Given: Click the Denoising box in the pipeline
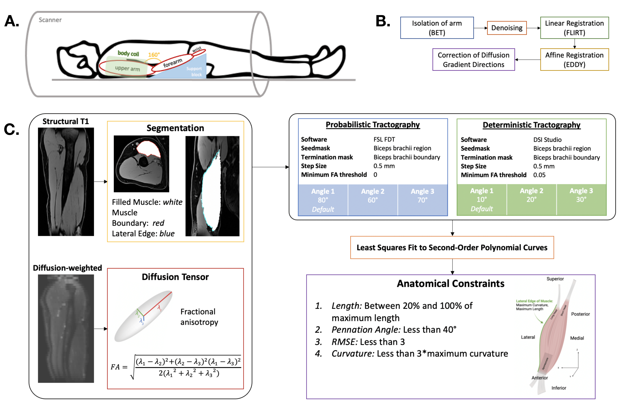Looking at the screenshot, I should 507,28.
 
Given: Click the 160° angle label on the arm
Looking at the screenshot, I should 154,55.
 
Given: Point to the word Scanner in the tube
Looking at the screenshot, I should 50,20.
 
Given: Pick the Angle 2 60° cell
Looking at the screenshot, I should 373,196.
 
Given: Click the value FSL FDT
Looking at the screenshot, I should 384,139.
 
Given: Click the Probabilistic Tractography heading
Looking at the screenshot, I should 373,125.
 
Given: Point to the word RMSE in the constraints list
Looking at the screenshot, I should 344,342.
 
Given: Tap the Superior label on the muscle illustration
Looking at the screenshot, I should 555,279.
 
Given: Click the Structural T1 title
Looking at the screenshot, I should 66,122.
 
